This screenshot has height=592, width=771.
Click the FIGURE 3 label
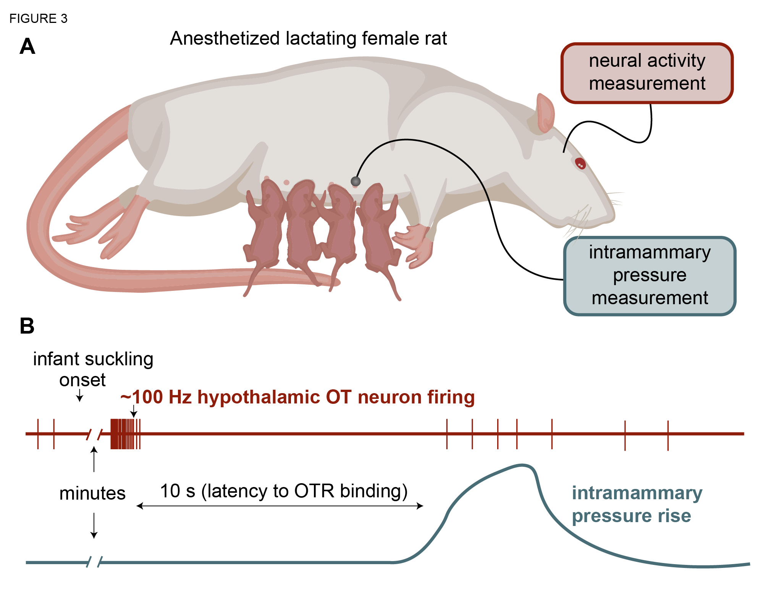(38, 18)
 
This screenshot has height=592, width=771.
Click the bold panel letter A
(27, 47)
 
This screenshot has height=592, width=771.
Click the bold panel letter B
(27, 326)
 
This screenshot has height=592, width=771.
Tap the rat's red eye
(580, 164)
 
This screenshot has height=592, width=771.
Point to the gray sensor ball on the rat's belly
(356, 181)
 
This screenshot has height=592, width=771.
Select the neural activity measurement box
(647, 73)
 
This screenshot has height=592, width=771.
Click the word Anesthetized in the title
(225, 39)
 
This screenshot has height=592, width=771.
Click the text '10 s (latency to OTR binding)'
(283, 491)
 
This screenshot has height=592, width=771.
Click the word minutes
(92, 493)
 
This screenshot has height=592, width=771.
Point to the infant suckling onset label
(93, 369)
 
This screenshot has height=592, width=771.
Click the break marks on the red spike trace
(94, 434)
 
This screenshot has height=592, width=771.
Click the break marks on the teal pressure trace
(94, 562)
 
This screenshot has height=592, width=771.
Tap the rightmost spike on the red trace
(668, 435)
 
